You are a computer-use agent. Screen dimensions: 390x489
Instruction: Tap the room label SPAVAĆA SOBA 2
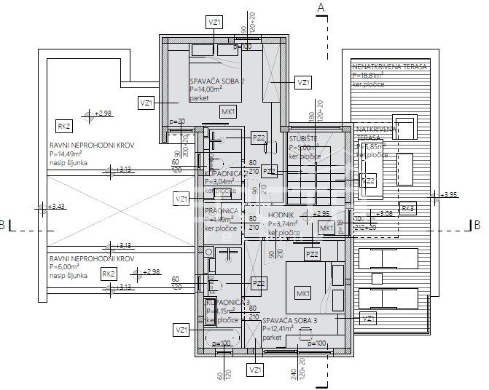pyautogui.click(x=217, y=81)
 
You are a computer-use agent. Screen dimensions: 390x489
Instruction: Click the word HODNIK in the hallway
pyautogui.click(x=281, y=216)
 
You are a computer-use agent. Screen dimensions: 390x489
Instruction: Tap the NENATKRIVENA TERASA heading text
pyautogui.click(x=389, y=66)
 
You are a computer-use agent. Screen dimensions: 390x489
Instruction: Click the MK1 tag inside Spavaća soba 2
pyautogui.click(x=228, y=111)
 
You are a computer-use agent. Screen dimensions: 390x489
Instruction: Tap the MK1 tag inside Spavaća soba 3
pyautogui.click(x=301, y=292)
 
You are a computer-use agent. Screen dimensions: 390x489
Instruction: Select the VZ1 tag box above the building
pyautogui.click(x=215, y=23)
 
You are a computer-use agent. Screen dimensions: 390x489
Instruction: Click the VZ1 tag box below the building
pyautogui.click(x=255, y=370)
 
